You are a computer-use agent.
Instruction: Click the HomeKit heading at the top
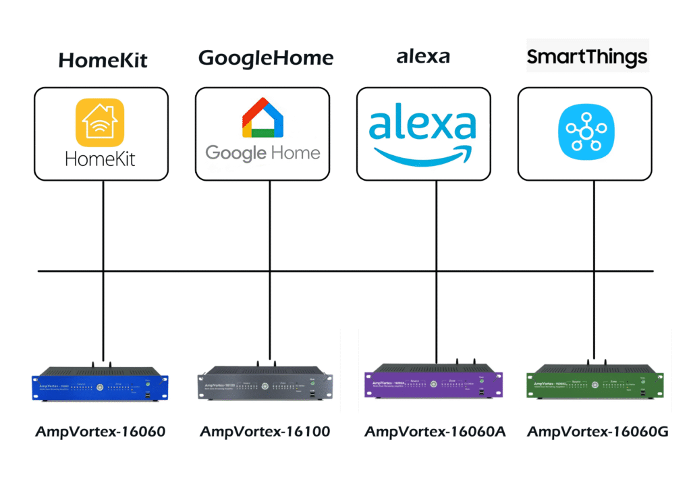[103, 61]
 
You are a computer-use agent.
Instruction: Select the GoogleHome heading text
[266, 59]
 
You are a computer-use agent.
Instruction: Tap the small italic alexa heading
[423, 57]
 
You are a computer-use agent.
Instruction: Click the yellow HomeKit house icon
[100, 122]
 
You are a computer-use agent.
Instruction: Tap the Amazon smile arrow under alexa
[423, 154]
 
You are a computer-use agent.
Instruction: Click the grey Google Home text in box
[262, 152]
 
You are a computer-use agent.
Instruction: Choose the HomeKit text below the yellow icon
[100, 159]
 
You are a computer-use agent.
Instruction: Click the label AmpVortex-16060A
[435, 432]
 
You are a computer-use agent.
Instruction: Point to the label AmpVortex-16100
[265, 432]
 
